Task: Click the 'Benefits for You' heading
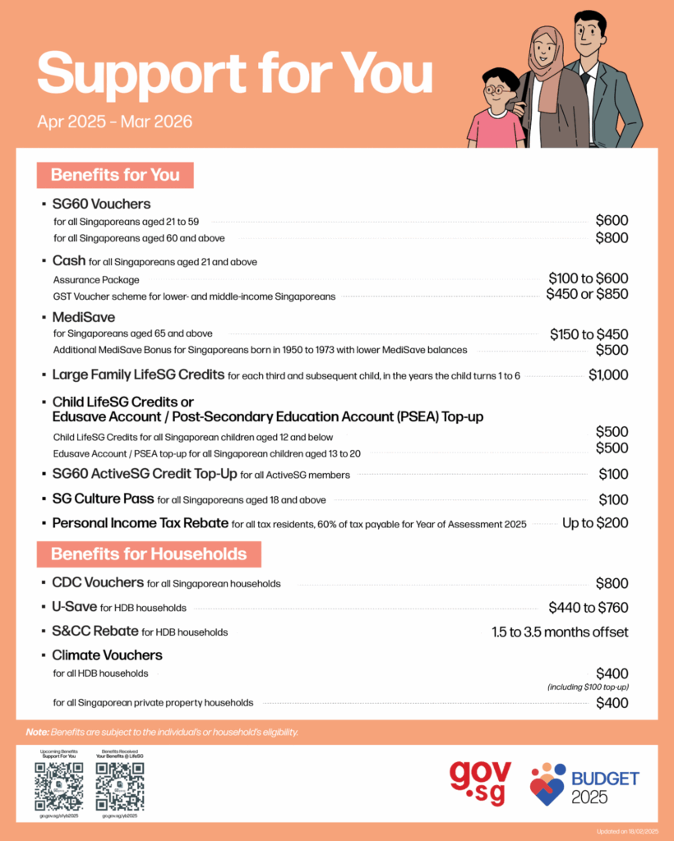tap(114, 175)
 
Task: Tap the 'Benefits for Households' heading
tap(149, 554)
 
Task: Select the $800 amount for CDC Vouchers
tap(612, 584)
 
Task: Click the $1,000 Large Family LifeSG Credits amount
tap(608, 375)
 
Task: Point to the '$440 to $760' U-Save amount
tap(588, 608)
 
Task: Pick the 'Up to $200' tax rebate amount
tap(595, 523)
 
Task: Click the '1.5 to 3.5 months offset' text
tap(560, 632)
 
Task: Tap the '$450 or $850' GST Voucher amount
tap(587, 295)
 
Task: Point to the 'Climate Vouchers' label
tap(107, 655)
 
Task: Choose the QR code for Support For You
tap(59, 786)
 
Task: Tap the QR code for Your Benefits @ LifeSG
tap(120, 786)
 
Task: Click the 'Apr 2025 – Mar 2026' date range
tap(114, 122)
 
